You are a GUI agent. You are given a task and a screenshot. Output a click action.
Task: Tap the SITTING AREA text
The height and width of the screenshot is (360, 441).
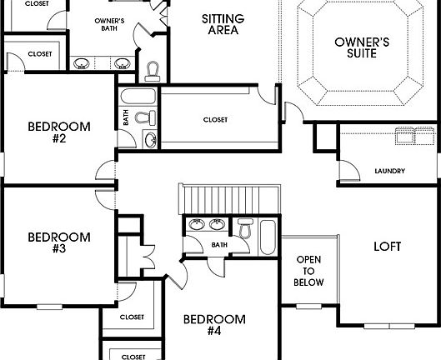[x=221, y=23]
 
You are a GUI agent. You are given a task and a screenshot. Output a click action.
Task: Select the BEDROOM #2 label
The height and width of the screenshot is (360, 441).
[x=58, y=132]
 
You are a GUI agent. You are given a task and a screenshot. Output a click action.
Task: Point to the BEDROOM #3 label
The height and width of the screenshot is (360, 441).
[x=58, y=242]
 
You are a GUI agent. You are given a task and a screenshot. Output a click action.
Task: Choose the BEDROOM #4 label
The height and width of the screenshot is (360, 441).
[x=214, y=325]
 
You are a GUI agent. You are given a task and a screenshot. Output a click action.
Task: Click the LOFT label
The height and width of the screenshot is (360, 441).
[x=388, y=247]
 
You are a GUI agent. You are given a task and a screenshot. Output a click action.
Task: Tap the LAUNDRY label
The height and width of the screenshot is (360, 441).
[x=389, y=172]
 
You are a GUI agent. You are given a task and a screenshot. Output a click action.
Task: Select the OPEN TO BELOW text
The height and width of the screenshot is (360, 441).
[x=308, y=271]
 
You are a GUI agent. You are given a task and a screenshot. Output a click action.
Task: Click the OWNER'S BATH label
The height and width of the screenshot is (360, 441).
[x=109, y=25]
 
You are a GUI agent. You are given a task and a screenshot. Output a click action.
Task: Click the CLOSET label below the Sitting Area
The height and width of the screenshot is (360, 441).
[x=215, y=119]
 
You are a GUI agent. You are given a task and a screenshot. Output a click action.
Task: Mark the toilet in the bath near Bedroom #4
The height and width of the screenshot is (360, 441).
[x=245, y=227]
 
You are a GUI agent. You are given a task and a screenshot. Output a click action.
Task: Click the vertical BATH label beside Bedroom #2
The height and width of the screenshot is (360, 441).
[x=126, y=119]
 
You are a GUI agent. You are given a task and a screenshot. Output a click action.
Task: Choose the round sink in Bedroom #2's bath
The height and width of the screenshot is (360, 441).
[x=151, y=139]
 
